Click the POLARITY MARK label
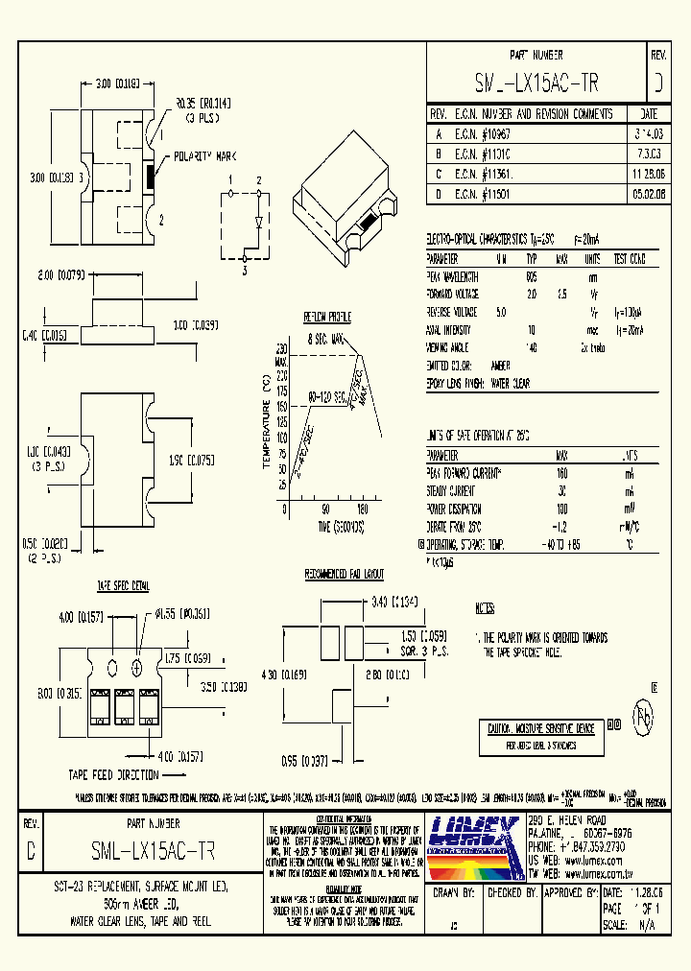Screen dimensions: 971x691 pyautogui.click(x=204, y=156)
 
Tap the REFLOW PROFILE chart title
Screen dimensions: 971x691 pyautogui.click(x=327, y=318)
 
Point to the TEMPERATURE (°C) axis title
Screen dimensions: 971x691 pyautogui.click(x=265, y=423)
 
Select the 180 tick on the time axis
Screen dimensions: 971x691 pyautogui.click(x=362, y=509)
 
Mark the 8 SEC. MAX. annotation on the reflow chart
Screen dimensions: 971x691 pyautogui.click(x=326, y=339)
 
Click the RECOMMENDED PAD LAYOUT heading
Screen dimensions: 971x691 pyautogui.click(x=344, y=574)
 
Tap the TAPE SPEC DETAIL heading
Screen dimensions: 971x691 pyautogui.click(x=122, y=585)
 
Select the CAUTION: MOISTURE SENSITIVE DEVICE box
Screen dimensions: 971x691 pyautogui.click(x=540, y=729)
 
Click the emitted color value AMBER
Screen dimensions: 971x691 pyautogui.click(x=500, y=366)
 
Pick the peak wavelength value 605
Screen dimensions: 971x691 pyautogui.click(x=531, y=276)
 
